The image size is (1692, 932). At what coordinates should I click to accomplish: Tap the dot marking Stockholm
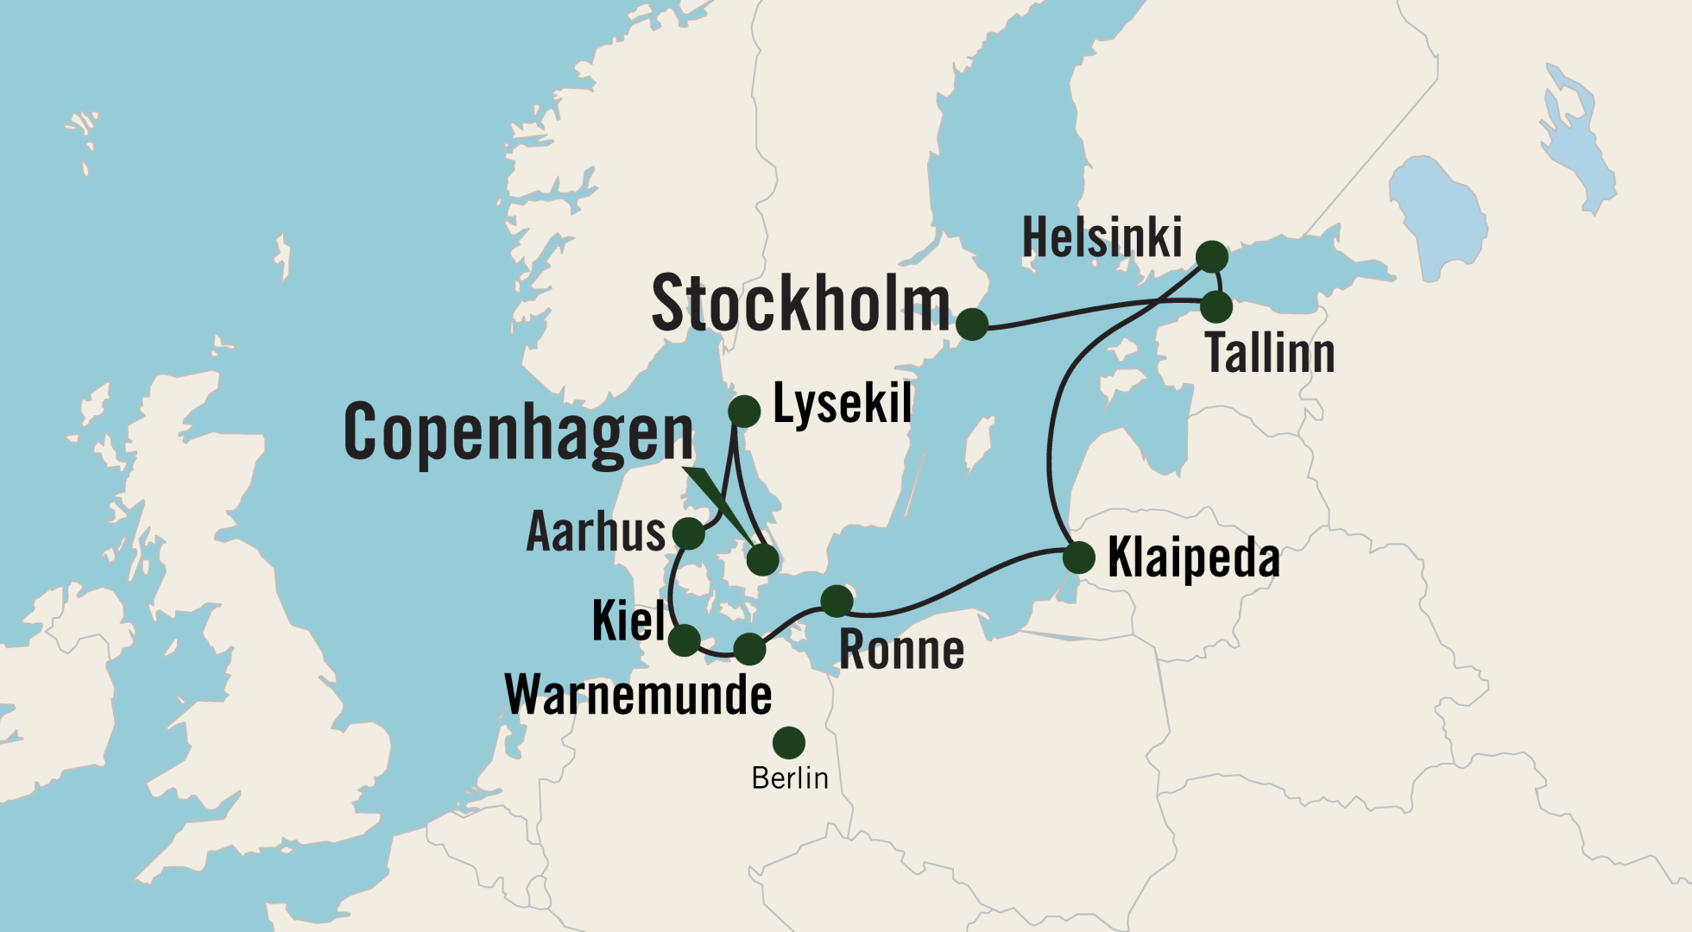pyautogui.click(x=972, y=324)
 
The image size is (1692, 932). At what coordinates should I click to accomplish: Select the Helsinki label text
pyautogui.click(x=1102, y=238)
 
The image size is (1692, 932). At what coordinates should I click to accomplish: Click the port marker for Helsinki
pyautogui.click(x=1212, y=256)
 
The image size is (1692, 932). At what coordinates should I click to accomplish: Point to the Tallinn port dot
pyautogui.click(x=1217, y=305)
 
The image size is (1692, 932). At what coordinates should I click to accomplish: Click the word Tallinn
pyautogui.click(x=1269, y=353)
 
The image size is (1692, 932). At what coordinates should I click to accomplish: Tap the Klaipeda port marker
pyautogui.click(x=1079, y=557)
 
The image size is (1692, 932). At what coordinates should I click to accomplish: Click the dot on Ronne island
pyautogui.click(x=837, y=600)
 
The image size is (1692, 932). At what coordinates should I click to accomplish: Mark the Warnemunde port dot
pyautogui.click(x=749, y=648)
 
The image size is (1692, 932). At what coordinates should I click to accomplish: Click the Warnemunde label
pyautogui.click(x=639, y=695)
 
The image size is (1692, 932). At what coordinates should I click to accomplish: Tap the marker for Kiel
pyautogui.click(x=684, y=640)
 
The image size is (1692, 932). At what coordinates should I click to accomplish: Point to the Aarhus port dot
pyautogui.click(x=689, y=533)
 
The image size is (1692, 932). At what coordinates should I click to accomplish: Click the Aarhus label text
pyautogui.click(x=596, y=532)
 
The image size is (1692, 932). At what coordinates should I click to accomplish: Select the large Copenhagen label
pyautogui.click(x=518, y=433)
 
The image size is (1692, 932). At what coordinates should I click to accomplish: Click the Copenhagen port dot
pyautogui.click(x=762, y=560)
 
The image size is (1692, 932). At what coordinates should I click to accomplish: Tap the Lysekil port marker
pyautogui.click(x=744, y=411)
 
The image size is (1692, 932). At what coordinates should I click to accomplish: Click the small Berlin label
pyautogui.click(x=789, y=778)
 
